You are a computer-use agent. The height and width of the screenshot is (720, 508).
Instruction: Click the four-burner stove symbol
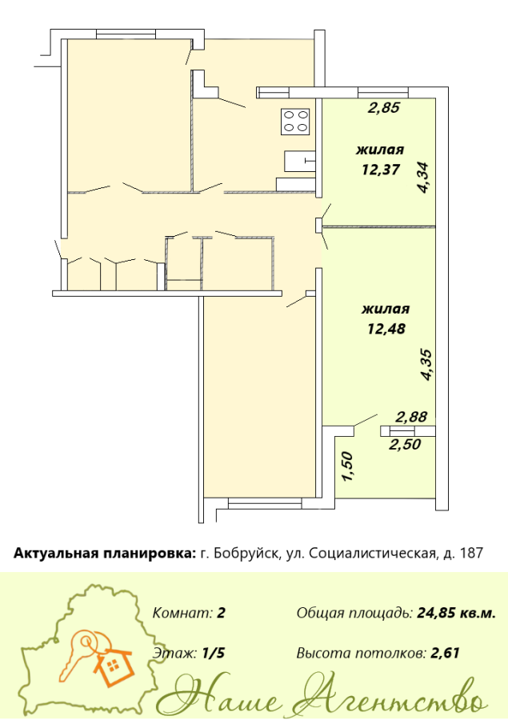click(x=296, y=122)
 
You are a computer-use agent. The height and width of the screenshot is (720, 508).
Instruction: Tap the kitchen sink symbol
click(x=300, y=161)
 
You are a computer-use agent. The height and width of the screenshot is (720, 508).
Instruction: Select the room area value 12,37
click(x=381, y=170)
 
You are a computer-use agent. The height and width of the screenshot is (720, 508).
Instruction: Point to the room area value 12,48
click(x=386, y=329)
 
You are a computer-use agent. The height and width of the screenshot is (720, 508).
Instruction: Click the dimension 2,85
click(x=385, y=108)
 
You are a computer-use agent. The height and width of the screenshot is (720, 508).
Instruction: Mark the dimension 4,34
click(x=422, y=178)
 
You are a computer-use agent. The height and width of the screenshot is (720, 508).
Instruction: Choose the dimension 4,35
click(x=426, y=365)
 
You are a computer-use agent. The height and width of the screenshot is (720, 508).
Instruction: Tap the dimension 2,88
click(x=411, y=417)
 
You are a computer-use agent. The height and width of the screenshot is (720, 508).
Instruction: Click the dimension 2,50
click(x=405, y=445)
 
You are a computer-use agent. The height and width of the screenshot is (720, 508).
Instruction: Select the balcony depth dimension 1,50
click(x=348, y=467)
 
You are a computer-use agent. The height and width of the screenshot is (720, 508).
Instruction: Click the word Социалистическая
click(x=371, y=554)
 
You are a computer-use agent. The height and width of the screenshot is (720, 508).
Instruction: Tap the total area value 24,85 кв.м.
click(x=456, y=613)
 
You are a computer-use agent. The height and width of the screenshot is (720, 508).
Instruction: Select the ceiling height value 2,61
click(x=445, y=653)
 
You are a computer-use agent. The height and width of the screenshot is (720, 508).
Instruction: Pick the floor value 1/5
click(x=214, y=653)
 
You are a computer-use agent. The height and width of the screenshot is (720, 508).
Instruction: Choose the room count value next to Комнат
click(x=221, y=613)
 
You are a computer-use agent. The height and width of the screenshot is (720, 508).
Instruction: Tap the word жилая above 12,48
click(x=386, y=309)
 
